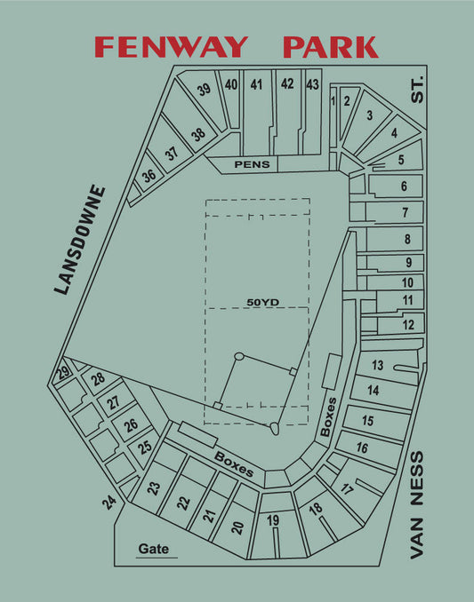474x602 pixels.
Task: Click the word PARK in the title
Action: tap(330, 47)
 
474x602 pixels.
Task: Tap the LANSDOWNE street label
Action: tap(79, 240)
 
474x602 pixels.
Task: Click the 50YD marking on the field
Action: tap(262, 302)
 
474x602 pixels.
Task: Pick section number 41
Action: tap(256, 85)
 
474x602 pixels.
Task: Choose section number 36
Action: tap(149, 176)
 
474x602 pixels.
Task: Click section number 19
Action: tap(273, 520)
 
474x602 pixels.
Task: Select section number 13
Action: tap(377, 365)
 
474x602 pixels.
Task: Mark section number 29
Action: tap(64, 373)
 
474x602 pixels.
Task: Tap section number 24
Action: tap(109, 503)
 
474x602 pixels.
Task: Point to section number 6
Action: tap(404, 186)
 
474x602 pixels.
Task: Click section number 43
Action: tap(312, 84)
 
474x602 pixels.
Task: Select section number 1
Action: tap(333, 100)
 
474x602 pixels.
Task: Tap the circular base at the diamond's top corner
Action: tap(238, 356)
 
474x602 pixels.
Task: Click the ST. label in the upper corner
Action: tap(419, 89)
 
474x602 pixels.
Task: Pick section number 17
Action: tap(347, 490)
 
